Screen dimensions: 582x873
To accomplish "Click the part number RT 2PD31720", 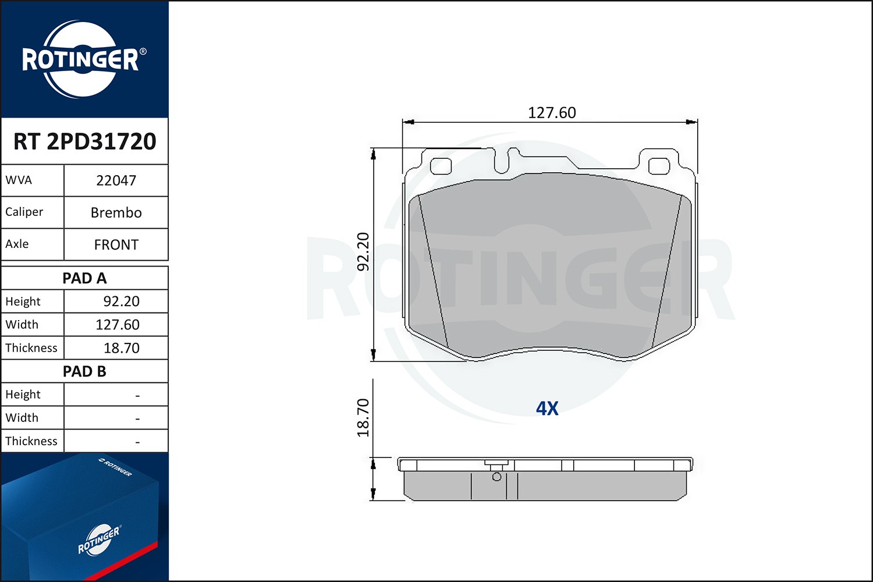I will tap(84, 141).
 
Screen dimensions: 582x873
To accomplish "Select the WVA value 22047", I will tap(116, 180).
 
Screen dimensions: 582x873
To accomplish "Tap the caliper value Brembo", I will tap(116, 212).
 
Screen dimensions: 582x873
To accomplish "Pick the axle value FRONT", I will tap(116, 244).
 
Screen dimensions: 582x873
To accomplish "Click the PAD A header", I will tap(84, 278).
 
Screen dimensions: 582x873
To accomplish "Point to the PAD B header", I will tap(84, 371).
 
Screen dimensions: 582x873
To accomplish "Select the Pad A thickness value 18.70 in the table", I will tap(121, 348).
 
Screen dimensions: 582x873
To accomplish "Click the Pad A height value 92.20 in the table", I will tap(121, 301).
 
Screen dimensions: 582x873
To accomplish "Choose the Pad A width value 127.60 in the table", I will tap(118, 325).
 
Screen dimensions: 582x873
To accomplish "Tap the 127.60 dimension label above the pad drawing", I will tap(551, 112).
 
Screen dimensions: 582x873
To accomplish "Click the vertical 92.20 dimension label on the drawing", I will tap(363, 251).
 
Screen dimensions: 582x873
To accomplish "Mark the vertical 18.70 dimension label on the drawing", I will tap(363, 418).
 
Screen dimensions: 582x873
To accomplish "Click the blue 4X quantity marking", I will tap(547, 409).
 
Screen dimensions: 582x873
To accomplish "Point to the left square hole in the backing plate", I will tap(441, 166).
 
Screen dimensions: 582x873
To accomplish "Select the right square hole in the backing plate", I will tap(659, 166).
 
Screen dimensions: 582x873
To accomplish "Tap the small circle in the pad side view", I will tap(496, 477).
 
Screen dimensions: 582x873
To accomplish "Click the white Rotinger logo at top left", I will tap(81, 59).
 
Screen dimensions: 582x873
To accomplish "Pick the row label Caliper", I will tap(24, 212).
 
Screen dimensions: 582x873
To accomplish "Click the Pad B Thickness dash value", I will tap(137, 442).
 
